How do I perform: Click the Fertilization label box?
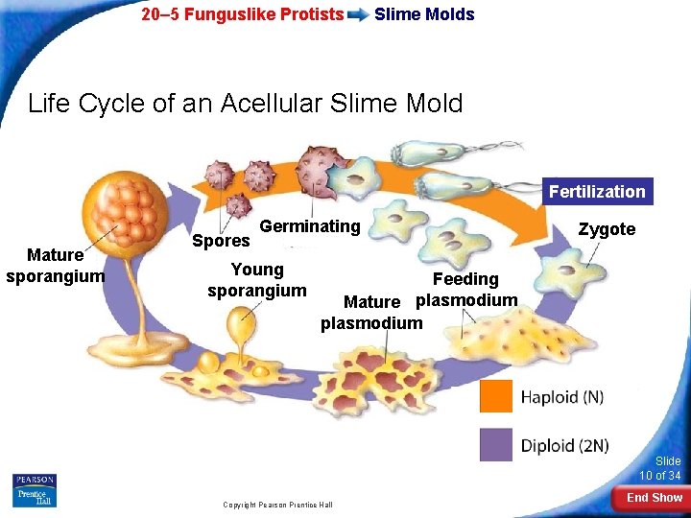coord(597,192)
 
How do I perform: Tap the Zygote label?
coord(607,229)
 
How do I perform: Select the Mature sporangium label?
coord(55,266)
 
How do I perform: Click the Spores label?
coord(221,241)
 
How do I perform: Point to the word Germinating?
coord(310,226)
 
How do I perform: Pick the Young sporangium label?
coord(257,280)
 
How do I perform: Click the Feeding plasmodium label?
coord(466,290)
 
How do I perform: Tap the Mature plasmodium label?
coord(371,313)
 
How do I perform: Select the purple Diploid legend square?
coord(496,444)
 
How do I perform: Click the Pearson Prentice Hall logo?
coord(35,489)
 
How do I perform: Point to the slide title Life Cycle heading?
coord(246,103)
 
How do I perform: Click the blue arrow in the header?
coord(358,14)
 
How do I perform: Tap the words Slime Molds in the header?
coord(424,14)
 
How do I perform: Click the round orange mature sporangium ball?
coord(114,208)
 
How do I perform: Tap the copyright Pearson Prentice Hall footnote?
coord(277,505)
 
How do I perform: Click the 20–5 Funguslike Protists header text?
coord(242,14)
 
